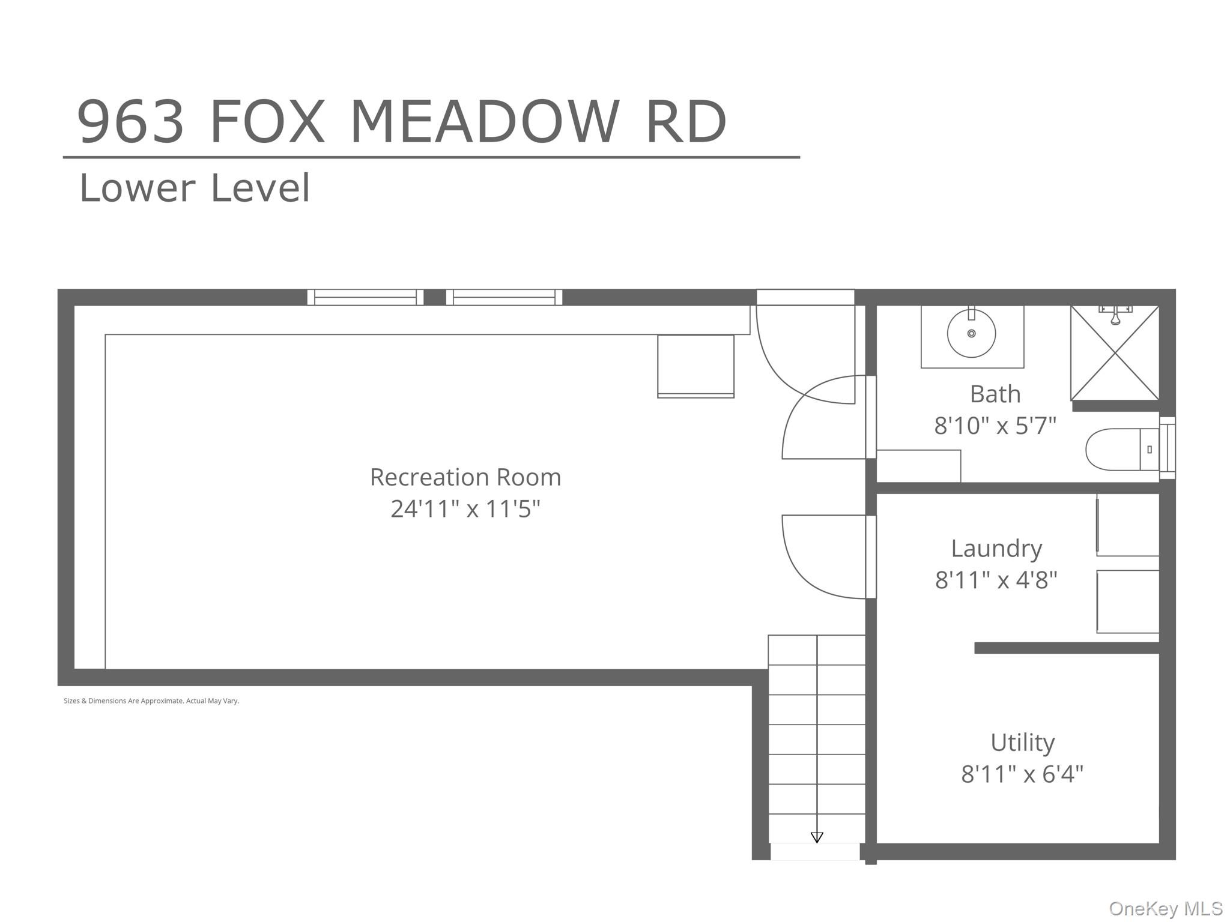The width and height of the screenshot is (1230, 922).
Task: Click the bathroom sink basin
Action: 971,333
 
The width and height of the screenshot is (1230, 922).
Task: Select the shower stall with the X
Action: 1115,353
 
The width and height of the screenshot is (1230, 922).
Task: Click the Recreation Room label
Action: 465,477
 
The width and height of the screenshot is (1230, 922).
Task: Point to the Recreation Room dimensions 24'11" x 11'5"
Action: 465,509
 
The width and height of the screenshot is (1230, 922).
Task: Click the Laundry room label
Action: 996,549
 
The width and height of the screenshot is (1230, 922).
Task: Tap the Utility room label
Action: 1022,743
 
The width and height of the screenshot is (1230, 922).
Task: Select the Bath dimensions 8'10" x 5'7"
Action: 995,426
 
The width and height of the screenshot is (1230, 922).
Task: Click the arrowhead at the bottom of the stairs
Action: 817,837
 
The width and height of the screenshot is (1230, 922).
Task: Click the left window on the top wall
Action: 365,297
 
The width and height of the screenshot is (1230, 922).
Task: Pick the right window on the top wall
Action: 504,297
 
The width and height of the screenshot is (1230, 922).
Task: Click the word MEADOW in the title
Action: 484,122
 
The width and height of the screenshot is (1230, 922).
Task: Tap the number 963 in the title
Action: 130,122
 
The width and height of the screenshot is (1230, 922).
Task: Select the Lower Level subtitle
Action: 195,188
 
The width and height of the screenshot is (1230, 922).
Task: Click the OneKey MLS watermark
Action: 1166,908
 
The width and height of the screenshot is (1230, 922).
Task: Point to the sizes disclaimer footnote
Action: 151,701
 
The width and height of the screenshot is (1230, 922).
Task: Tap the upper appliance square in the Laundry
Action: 1128,525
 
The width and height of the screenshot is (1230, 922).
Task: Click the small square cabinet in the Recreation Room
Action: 695,366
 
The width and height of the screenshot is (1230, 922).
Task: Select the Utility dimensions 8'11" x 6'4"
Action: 1022,774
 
